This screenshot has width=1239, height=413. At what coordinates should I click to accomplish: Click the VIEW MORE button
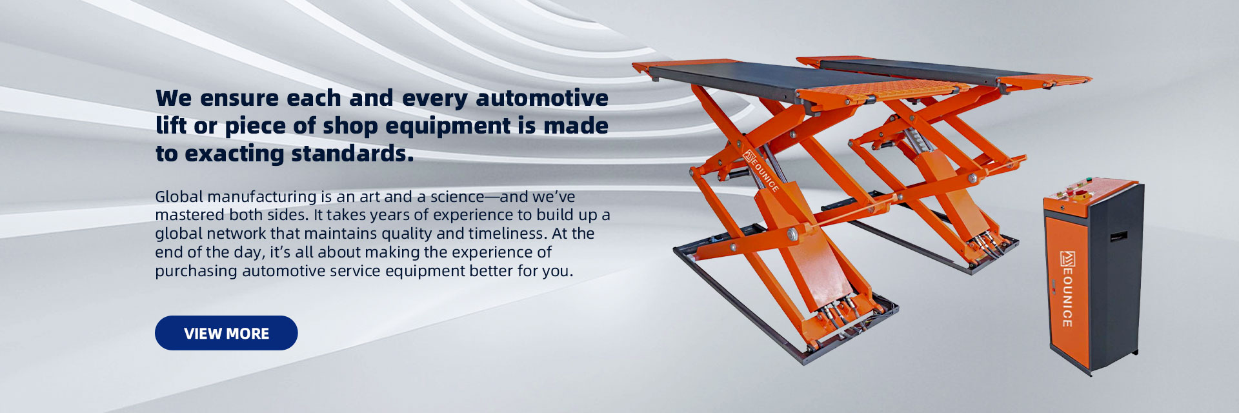click(x=226, y=333)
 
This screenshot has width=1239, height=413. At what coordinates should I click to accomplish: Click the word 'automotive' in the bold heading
click(x=541, y=98)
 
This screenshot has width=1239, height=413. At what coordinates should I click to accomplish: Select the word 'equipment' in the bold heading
click(x=448, y=126)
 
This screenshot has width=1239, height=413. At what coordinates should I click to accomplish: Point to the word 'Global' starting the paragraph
click(x=179, y=196)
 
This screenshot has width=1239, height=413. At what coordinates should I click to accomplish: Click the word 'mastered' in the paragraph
click(x=185, y=215)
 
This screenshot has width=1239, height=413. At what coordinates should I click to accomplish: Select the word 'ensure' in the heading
click(x=239, y=98)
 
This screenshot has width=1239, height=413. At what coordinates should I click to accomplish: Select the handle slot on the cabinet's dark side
click(x=1119, y=236)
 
